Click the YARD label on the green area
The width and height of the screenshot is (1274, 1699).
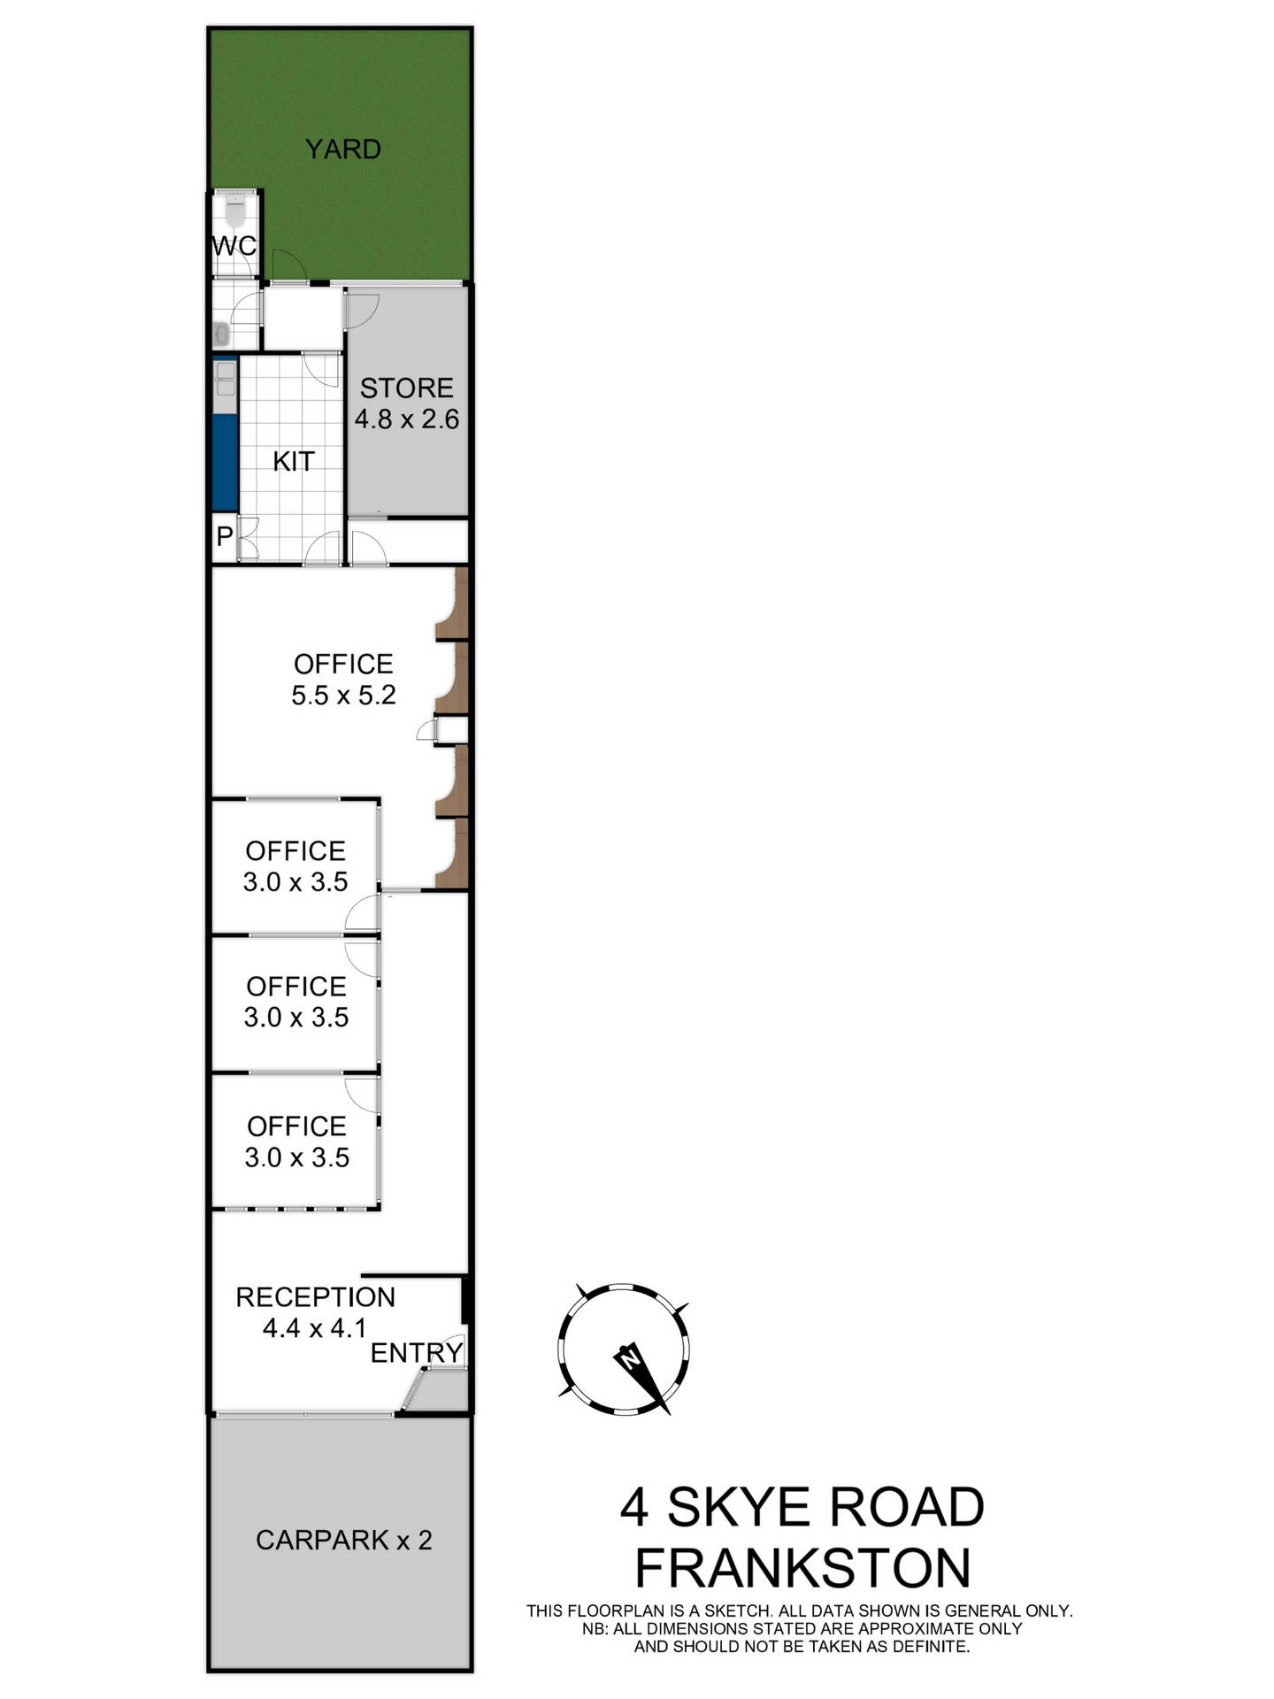342,149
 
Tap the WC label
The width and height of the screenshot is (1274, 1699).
234,245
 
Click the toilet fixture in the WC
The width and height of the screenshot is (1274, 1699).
235,211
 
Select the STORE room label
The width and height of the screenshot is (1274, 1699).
406,388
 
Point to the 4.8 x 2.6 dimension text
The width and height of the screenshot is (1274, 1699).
407,419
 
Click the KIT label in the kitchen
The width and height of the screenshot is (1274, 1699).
293,461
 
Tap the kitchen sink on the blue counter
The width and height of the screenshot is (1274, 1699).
226,378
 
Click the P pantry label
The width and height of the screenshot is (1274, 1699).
224,535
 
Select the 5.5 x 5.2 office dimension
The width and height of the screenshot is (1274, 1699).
343,695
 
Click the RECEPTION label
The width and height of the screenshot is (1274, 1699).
315,1297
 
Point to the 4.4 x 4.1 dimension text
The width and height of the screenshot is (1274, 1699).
314,1327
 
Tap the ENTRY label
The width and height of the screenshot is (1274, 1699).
417,1352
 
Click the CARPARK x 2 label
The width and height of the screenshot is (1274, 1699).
344,1540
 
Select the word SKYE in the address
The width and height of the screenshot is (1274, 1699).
738,1507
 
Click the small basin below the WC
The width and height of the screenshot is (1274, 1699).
222,334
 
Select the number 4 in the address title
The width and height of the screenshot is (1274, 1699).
634,1507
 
